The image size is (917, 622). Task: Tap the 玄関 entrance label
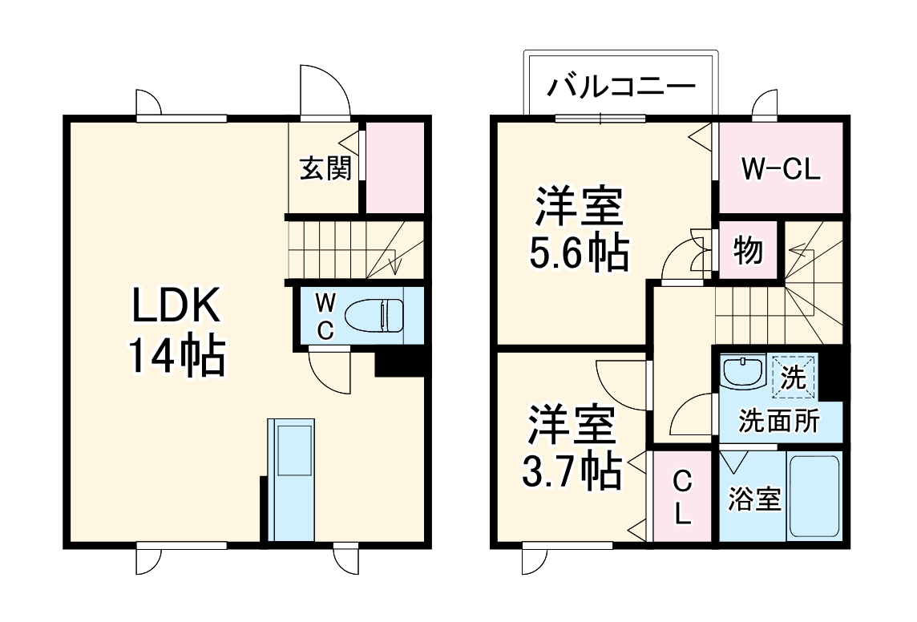click(x=325, y=168)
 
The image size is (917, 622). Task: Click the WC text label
click(x=324, y=316)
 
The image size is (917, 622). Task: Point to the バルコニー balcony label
click(x=620, y=85)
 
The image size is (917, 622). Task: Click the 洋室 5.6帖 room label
click(x=577, y=229)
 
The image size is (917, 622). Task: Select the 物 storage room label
click(x=748, y=252)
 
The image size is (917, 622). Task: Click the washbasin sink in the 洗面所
click(x=742, y=371)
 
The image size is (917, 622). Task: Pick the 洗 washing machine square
click(x=794, y=378)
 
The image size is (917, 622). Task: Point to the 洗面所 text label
click(x=778, y=422)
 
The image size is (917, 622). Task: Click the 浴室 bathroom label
click(x=753, y=500)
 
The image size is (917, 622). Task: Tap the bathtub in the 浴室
click(x=814, y=497)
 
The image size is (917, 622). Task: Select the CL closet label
click(x=681, y=498)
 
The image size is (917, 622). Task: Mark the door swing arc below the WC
click(x=329, y=372)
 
